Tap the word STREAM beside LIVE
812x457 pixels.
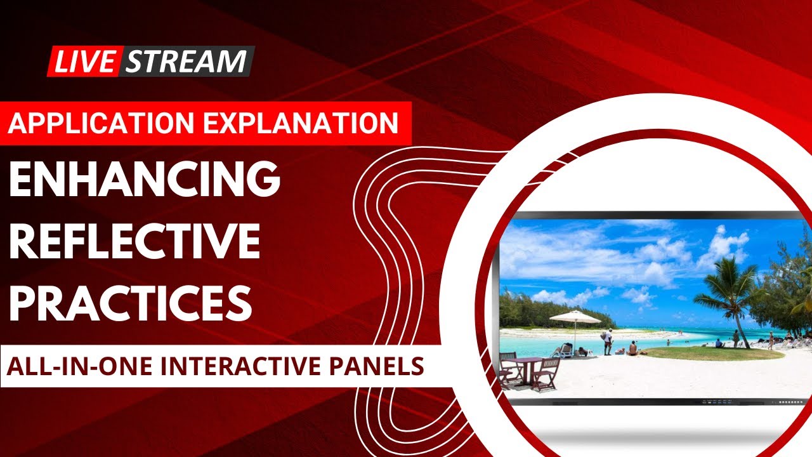pyautogui.click(x=186, y=61)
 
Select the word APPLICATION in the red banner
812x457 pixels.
pyautogui.click(x=103, y=122)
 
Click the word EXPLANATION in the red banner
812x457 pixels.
pyautogui.click(x=304, y=122)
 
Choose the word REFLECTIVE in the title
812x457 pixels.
pyautogui.click(x=134, y=242)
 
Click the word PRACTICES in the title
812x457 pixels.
pyautogui.click(x=131, y=303)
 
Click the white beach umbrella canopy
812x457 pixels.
pyautogui.click(x=574, y=317)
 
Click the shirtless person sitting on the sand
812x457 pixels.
pyautogui.click(x=632, y=348)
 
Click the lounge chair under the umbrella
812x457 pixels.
pyautogui.click(x=563, y=350)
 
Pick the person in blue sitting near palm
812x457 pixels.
pyautogui.click(x=719, y=343)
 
